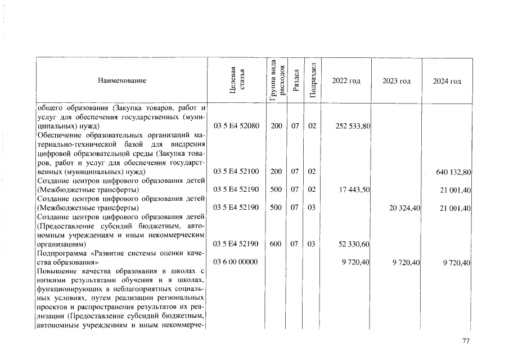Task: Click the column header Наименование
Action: [122, 81]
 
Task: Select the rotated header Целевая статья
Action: [236, 81]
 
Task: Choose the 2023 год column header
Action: [397, 81]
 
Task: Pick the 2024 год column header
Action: [447, 81]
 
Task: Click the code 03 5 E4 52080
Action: [236, 126]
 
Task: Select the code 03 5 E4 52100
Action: [236, 171]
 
